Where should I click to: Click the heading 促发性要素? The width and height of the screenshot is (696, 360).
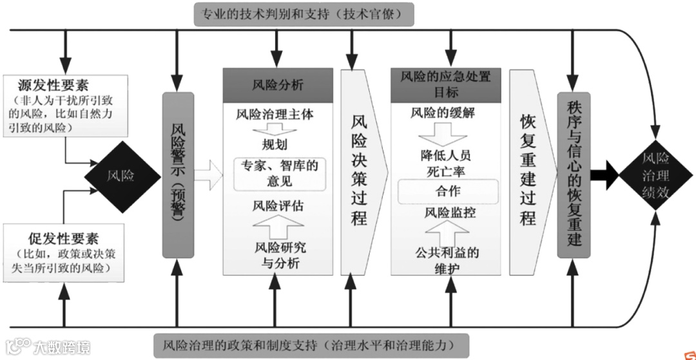63,239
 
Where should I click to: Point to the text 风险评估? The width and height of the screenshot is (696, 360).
278,207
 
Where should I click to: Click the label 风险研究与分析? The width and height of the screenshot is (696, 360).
276,255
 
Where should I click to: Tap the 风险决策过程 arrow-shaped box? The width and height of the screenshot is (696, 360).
360,171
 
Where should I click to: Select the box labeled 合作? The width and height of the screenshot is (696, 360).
445,191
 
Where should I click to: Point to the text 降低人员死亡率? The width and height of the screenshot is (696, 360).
445,164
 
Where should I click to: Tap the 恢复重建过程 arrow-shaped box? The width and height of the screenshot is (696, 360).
528,171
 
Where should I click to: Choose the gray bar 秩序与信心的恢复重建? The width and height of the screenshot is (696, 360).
574,174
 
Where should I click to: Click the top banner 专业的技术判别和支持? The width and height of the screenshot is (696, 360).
304,14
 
